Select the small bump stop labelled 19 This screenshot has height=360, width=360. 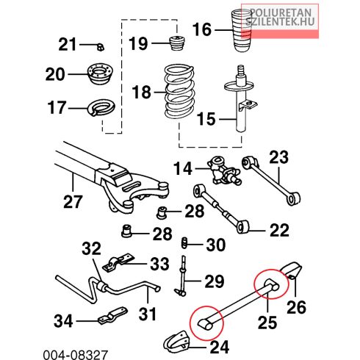point(177,43)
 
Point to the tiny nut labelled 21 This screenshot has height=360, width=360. point(100,46)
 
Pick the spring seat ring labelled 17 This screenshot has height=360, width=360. point(101,107)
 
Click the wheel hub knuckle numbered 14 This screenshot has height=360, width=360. point(223,171)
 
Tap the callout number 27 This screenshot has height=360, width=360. point(73,201)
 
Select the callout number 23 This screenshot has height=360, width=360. point(278,157)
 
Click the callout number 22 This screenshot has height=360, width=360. point(279,230)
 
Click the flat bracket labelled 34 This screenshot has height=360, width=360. point(112,315)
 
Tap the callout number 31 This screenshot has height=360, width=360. point(147,314)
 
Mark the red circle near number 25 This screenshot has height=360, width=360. point(271,284)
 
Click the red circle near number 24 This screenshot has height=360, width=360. point(207,323)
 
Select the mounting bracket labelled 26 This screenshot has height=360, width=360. point(292,270)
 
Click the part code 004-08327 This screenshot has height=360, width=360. point(76,355)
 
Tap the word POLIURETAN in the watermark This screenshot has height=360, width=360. point(281,12)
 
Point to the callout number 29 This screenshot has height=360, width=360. point(215,281)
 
